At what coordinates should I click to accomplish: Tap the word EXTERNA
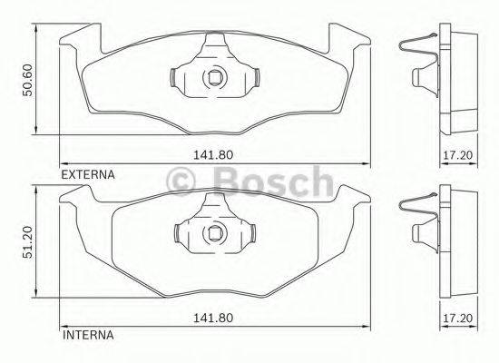click(86, 172)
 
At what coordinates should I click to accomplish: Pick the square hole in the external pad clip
click(215, 77)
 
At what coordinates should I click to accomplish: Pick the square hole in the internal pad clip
click(215, 239)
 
